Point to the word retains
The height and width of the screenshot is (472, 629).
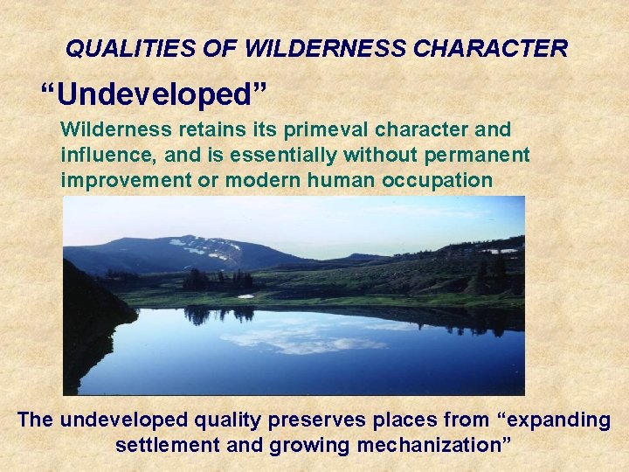tap(192, 129)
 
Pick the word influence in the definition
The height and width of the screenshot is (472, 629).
tap(100, 155)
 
